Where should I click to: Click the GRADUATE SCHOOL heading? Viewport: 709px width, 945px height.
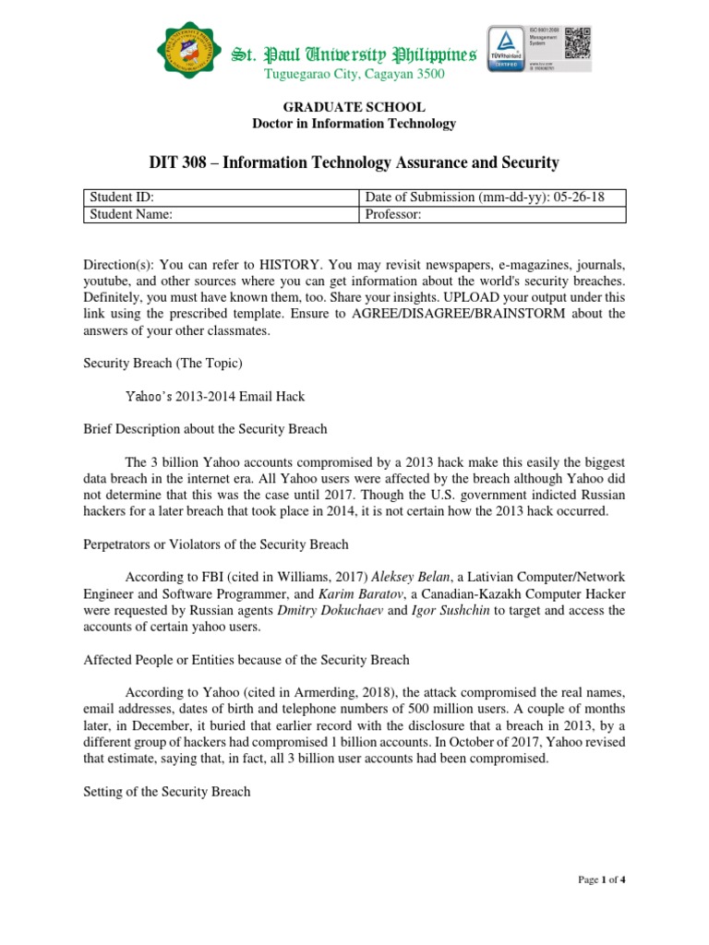pos(354,108)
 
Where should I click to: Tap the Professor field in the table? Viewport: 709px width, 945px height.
pos(491,214)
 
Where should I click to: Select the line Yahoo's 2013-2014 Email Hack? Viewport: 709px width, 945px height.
pos(214,396)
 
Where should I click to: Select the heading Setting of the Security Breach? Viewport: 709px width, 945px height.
pos(166,792)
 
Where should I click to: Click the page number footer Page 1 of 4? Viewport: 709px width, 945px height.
pos(602,879)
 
